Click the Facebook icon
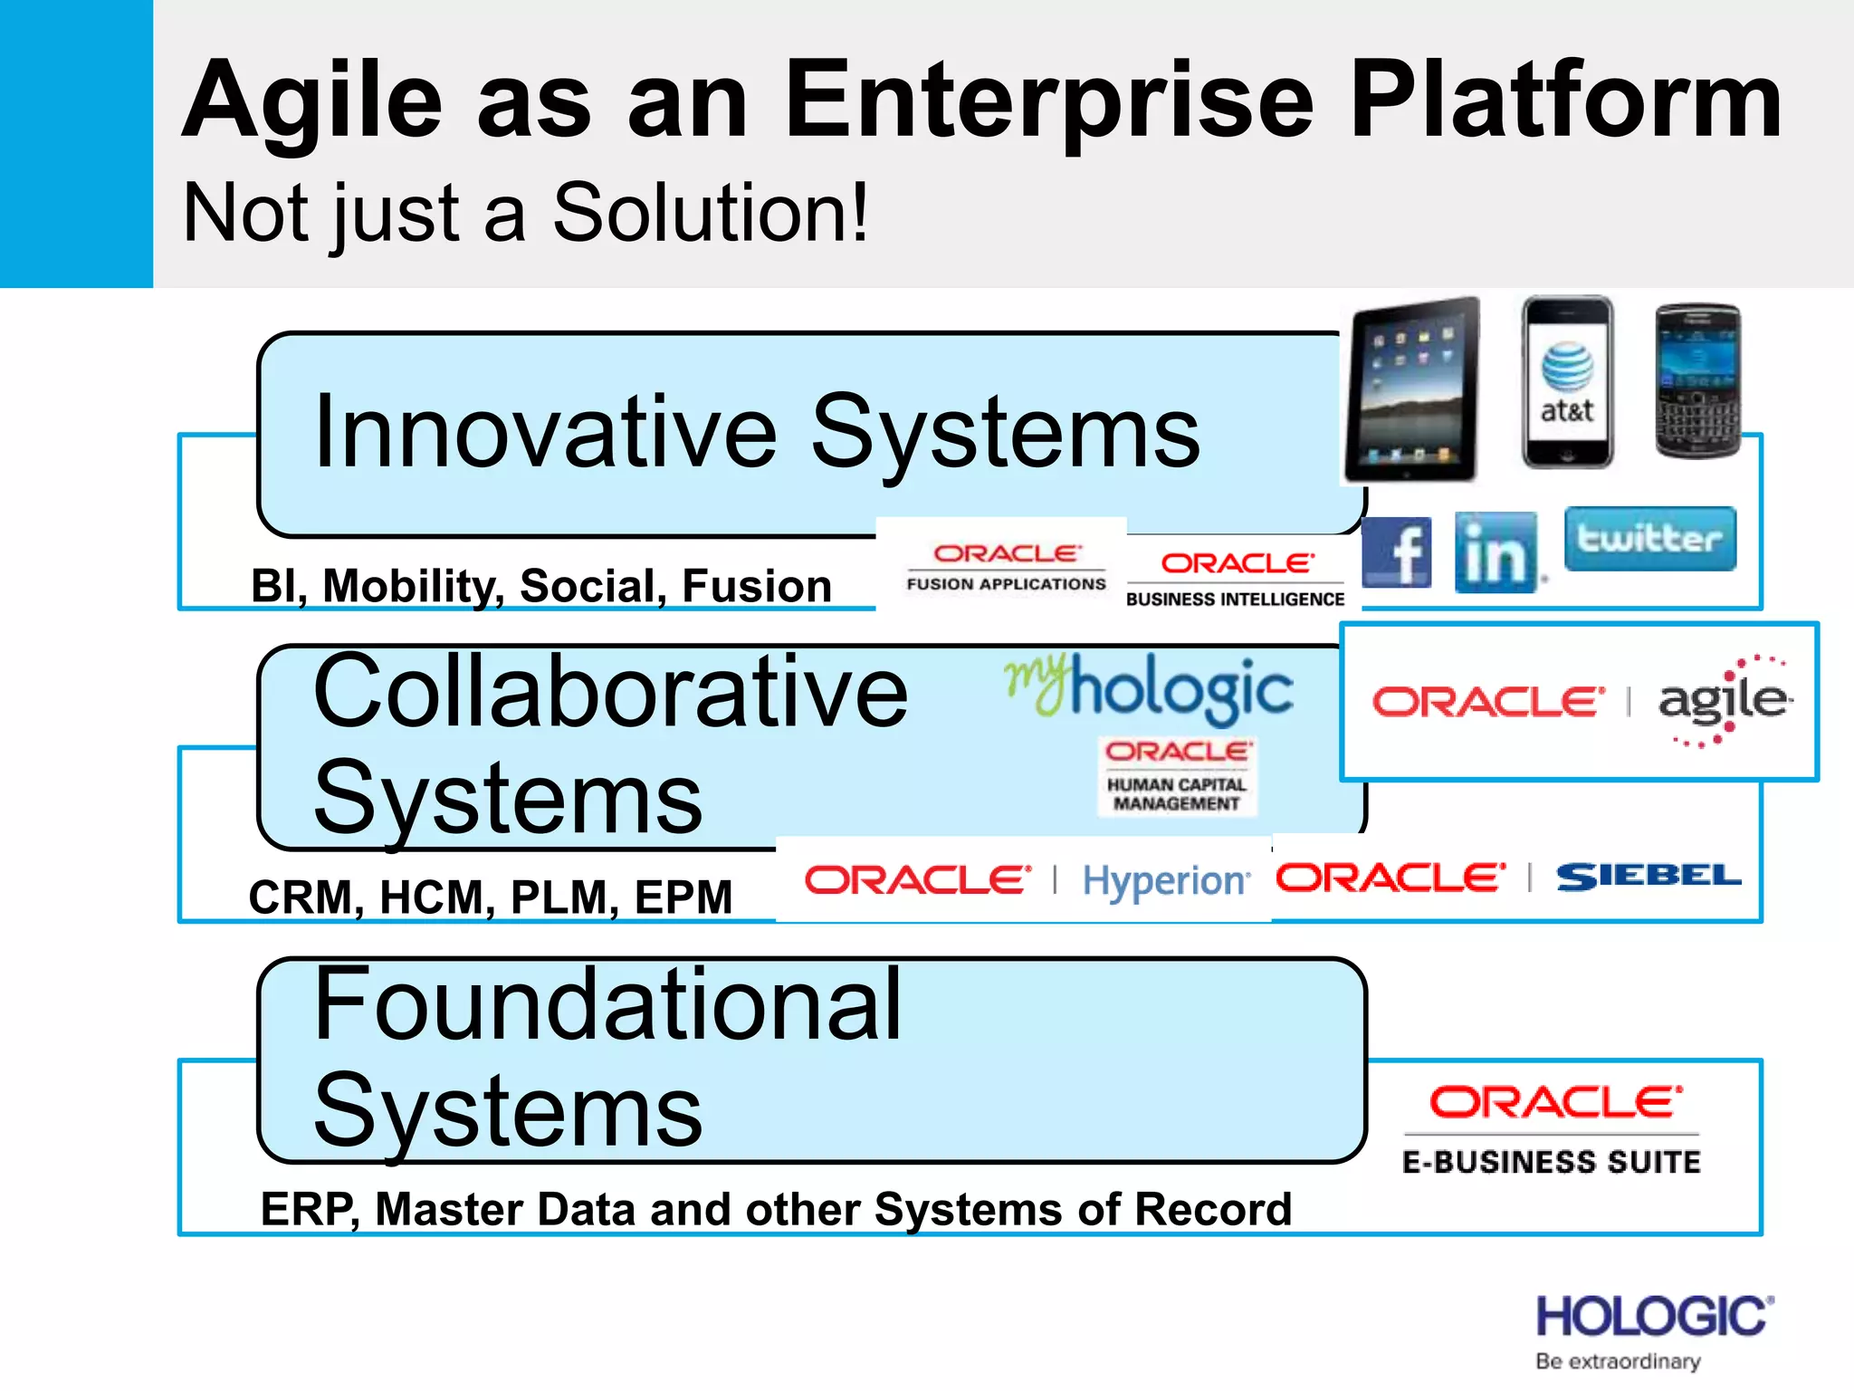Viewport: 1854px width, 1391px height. tap(1396, 552)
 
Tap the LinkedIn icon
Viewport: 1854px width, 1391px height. tap(1496, 552)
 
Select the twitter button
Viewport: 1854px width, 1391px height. tap(1649, 539)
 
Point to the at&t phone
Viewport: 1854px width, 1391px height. tap(1567, 382)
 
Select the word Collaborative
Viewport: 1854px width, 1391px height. tap(609, 692)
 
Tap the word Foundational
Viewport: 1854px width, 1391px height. tap(607, 1004)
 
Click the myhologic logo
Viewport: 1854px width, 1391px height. tap(1149, 687)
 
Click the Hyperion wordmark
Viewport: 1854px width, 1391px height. tap(1166, 880)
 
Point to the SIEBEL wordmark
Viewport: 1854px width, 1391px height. tap(1648, 877)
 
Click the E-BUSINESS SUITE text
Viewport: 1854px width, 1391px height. tap(1551, 1162)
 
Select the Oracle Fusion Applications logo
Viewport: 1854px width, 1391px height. tap(1006, 567)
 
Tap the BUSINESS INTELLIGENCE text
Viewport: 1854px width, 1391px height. tap(1235, 599)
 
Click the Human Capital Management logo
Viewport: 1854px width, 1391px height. tap(1177, 776)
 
